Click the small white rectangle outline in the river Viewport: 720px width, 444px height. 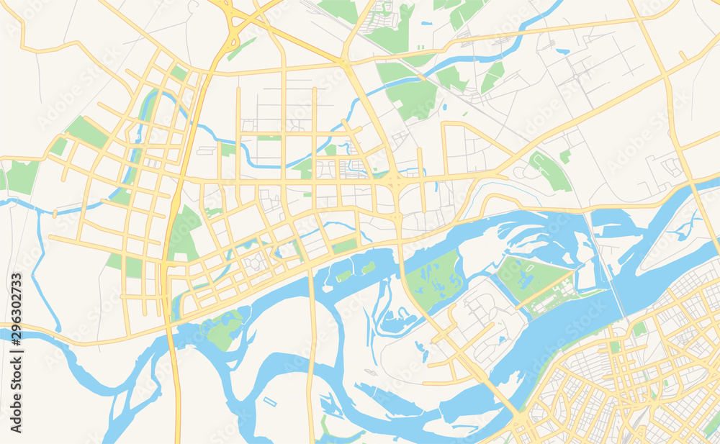pos(270,401)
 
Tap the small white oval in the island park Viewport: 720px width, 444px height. pos(533,271)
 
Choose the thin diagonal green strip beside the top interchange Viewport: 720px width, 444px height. pos(242,48)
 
